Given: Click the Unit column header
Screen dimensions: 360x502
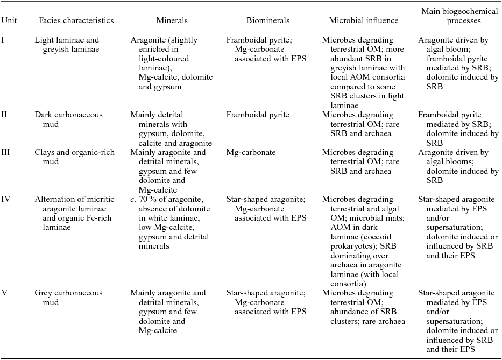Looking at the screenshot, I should tap(9, 20).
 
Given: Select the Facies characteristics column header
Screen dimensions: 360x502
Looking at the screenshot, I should tap(76, 20).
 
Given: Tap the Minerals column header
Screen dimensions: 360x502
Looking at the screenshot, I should tap(172, 20).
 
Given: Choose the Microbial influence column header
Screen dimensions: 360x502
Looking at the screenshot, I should tap(364, 20).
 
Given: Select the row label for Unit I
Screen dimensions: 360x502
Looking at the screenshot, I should tap(3, 40).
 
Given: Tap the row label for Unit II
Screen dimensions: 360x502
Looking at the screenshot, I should tap(5, 115).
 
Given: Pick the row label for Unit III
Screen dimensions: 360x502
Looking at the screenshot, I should tap(6, 152).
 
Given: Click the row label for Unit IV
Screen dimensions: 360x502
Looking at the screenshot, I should tap(6, 199).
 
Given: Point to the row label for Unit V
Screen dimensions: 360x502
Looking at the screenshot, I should tap(4, 293).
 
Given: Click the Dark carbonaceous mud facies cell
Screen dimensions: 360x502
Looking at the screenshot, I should tap(68, 119).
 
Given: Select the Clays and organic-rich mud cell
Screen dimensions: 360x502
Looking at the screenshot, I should tap(77, 152).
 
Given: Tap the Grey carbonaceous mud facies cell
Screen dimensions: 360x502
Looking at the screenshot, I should tap(68, 298).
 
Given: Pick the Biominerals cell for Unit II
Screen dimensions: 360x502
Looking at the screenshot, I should tap(258, 115).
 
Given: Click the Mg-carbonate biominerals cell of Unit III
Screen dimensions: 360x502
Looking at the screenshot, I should tap(251, 152).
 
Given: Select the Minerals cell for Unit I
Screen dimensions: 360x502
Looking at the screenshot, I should tap(172, 63).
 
